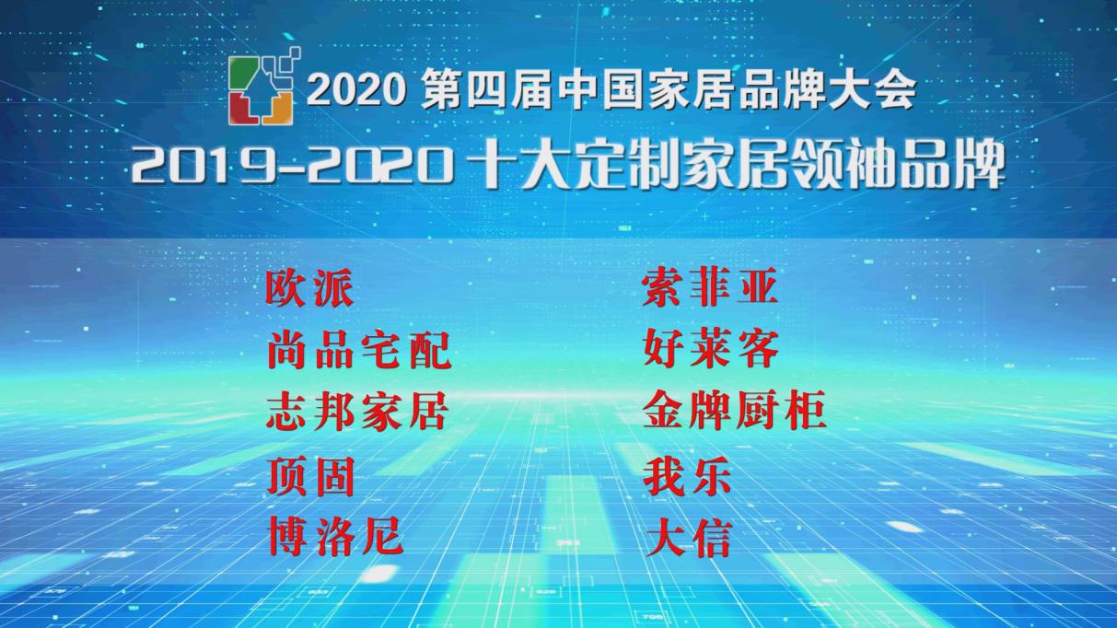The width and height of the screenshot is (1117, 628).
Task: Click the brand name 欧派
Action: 309,289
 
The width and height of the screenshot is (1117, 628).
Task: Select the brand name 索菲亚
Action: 710,289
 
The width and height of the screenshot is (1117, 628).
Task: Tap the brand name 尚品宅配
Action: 359,351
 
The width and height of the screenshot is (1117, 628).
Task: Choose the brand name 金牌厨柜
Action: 734,413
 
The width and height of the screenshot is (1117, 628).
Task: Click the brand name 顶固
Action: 311,476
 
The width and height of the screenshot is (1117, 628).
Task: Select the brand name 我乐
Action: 687,477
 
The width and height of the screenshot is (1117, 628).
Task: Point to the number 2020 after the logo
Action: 355,90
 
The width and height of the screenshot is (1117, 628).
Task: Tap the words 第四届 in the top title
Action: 485,90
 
